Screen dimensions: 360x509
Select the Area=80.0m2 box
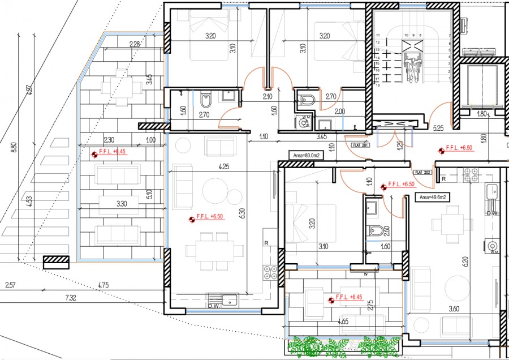coord(306,154)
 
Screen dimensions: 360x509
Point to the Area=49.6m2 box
coord(432,197)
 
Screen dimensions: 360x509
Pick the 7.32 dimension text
coord(71,297)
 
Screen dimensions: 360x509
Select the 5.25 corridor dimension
coord(438,128)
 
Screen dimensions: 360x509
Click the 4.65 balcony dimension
coord(343,322)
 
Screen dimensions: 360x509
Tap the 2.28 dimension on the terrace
coord(135,44)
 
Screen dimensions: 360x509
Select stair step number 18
coord(377,85)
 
